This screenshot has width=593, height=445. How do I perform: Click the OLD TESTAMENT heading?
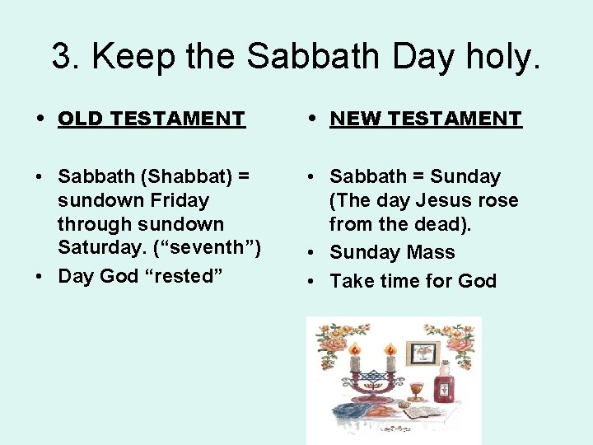(x=152, y=119)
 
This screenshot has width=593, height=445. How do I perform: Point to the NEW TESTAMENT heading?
(x=426, y=119)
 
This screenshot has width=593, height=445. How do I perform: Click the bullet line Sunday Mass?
(x=392, y=252)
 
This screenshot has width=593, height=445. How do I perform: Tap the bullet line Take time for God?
(x=413, y=281)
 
